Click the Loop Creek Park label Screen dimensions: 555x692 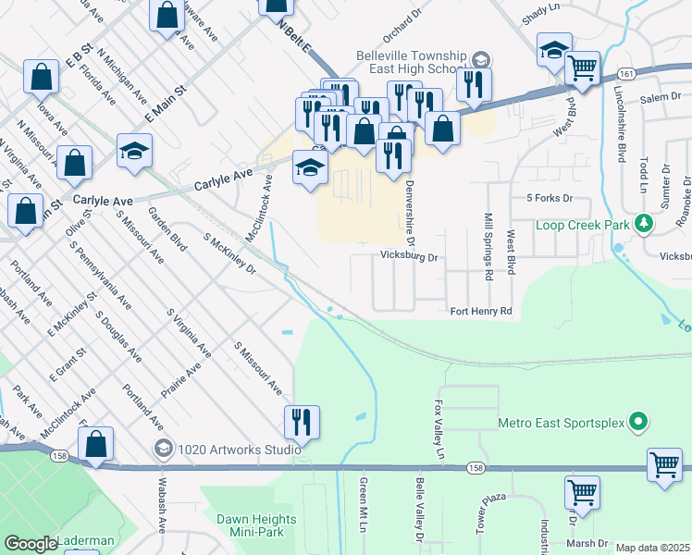pyautogui.click(x=581, y=225)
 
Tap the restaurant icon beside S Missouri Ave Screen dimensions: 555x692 pyautogui.click(x=302, y=422)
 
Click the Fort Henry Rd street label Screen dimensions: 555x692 pyautogui.click(x=481, y=312)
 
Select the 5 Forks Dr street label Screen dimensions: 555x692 pyautogui.click(x=550, y=198)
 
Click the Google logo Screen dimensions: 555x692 pyautogui.click(x=31, y=544)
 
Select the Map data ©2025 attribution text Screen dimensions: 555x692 pyautogui.click(x=652, y=548)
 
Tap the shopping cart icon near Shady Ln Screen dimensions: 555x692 pyautogui.click(x=582, y=68)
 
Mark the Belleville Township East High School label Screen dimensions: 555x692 pyautogui.click(x=407, y=62)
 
